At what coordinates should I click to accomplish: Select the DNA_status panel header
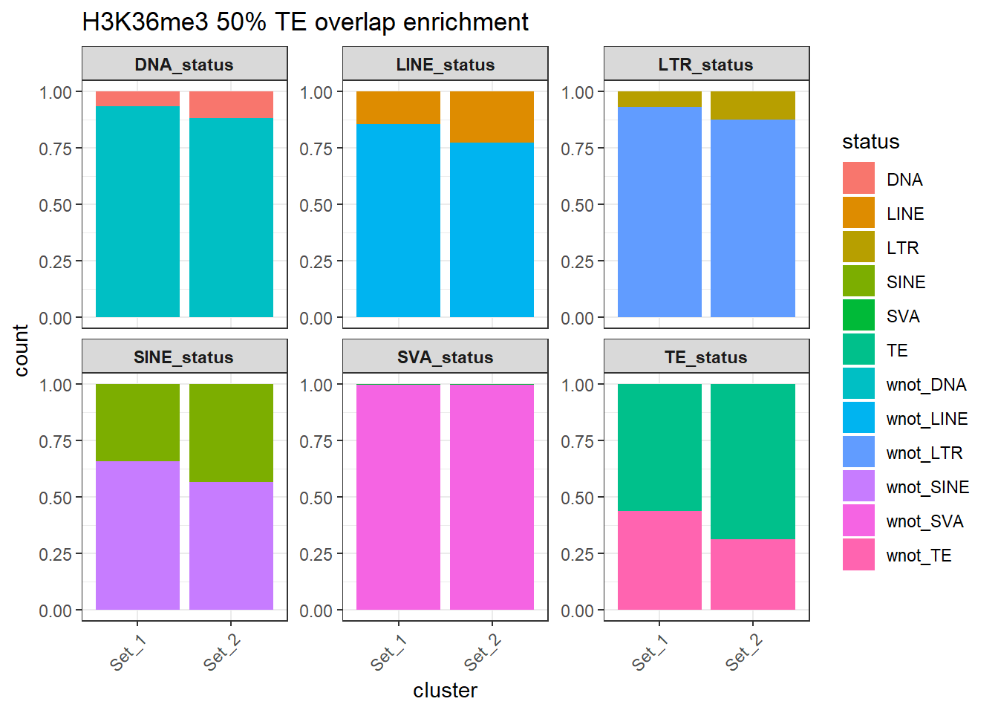coord(184,65)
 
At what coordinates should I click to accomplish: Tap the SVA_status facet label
coord(445,357)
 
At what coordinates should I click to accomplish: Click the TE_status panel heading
coord(705,357)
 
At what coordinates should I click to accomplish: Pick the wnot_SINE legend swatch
coord(858,486)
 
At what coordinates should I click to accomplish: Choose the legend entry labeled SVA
coord(903,316)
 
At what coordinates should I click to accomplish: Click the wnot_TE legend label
coord(919,556)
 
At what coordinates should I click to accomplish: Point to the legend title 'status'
coord(870,142)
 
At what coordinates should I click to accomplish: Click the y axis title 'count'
coord(21,350)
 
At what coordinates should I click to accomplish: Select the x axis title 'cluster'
coord(445,691)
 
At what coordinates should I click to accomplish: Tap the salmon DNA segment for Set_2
coord(231,105)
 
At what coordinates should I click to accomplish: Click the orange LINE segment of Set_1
coord(398,108)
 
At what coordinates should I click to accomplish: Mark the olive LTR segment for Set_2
coord(752,105)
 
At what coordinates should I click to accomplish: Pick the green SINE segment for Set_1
coord(137,423)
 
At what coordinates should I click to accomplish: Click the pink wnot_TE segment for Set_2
coord(752,574)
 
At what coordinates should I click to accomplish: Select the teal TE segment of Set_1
coord(659,447)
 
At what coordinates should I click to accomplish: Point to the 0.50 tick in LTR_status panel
coord(577,205)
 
